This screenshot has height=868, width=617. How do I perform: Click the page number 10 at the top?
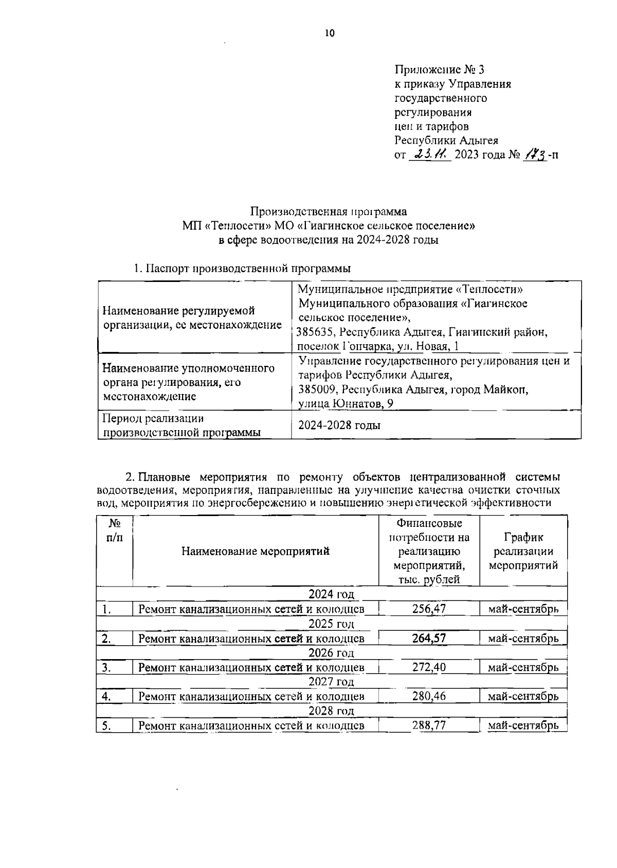tap(329, 33)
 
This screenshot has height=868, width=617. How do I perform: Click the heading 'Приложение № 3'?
tap(440, 69)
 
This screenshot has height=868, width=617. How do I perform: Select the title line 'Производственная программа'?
tap(329, 211)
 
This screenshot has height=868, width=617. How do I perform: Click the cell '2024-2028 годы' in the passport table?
tap(339, 426)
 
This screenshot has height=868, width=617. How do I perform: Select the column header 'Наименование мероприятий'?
tap(256, 552)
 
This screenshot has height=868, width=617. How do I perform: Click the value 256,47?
tap(429, 609)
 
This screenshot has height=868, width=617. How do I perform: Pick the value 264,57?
tap(429, 639)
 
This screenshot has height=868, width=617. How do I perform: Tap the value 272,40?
tap(429, 667)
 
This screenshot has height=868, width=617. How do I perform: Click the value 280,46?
tap(429, 697)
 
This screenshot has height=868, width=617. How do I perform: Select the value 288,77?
tap(429, 725)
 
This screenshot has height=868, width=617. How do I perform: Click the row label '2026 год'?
tap(331, 653)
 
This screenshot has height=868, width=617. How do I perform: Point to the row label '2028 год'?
tap(331, 711)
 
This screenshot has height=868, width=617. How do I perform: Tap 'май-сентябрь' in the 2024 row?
tap(523, 609)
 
